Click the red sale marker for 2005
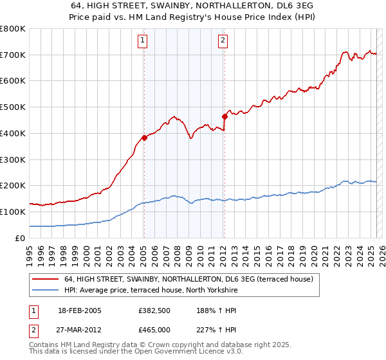(x=144, y=137)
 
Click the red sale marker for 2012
(x=225, y=116)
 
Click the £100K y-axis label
(x=13, y=212)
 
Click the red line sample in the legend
(x=45, y=279)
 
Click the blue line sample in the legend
(x=45, y=291)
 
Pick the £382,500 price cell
(x=154, y=310)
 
